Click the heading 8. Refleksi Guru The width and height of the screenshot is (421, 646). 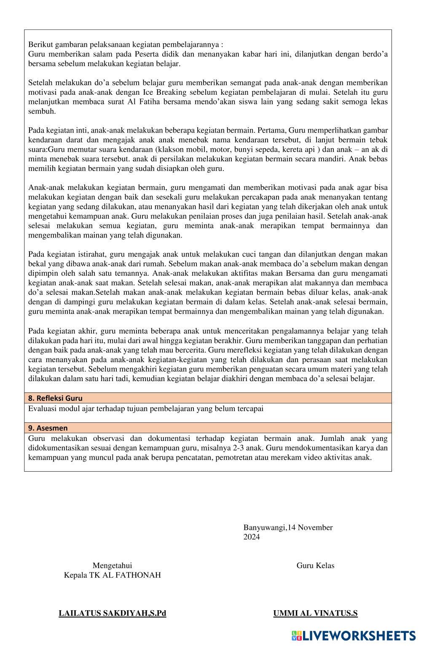click(55, 398)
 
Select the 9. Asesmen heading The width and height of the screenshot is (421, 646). click(48, 428)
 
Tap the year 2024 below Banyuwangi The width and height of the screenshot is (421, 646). click(252, 537)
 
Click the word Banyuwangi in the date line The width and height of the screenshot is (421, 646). click(264, 528)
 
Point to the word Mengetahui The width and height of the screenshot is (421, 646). click(112, 566)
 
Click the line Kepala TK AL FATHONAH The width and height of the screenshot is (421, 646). click(112, 575)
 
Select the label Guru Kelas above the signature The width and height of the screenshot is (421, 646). click(315, 566)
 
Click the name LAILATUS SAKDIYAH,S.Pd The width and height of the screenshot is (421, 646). click(112, 613)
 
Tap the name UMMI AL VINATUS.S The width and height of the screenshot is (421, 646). click(315, 613)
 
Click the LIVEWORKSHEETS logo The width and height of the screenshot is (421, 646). click(353, 636)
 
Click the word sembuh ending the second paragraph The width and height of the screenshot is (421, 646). click(42, 112)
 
